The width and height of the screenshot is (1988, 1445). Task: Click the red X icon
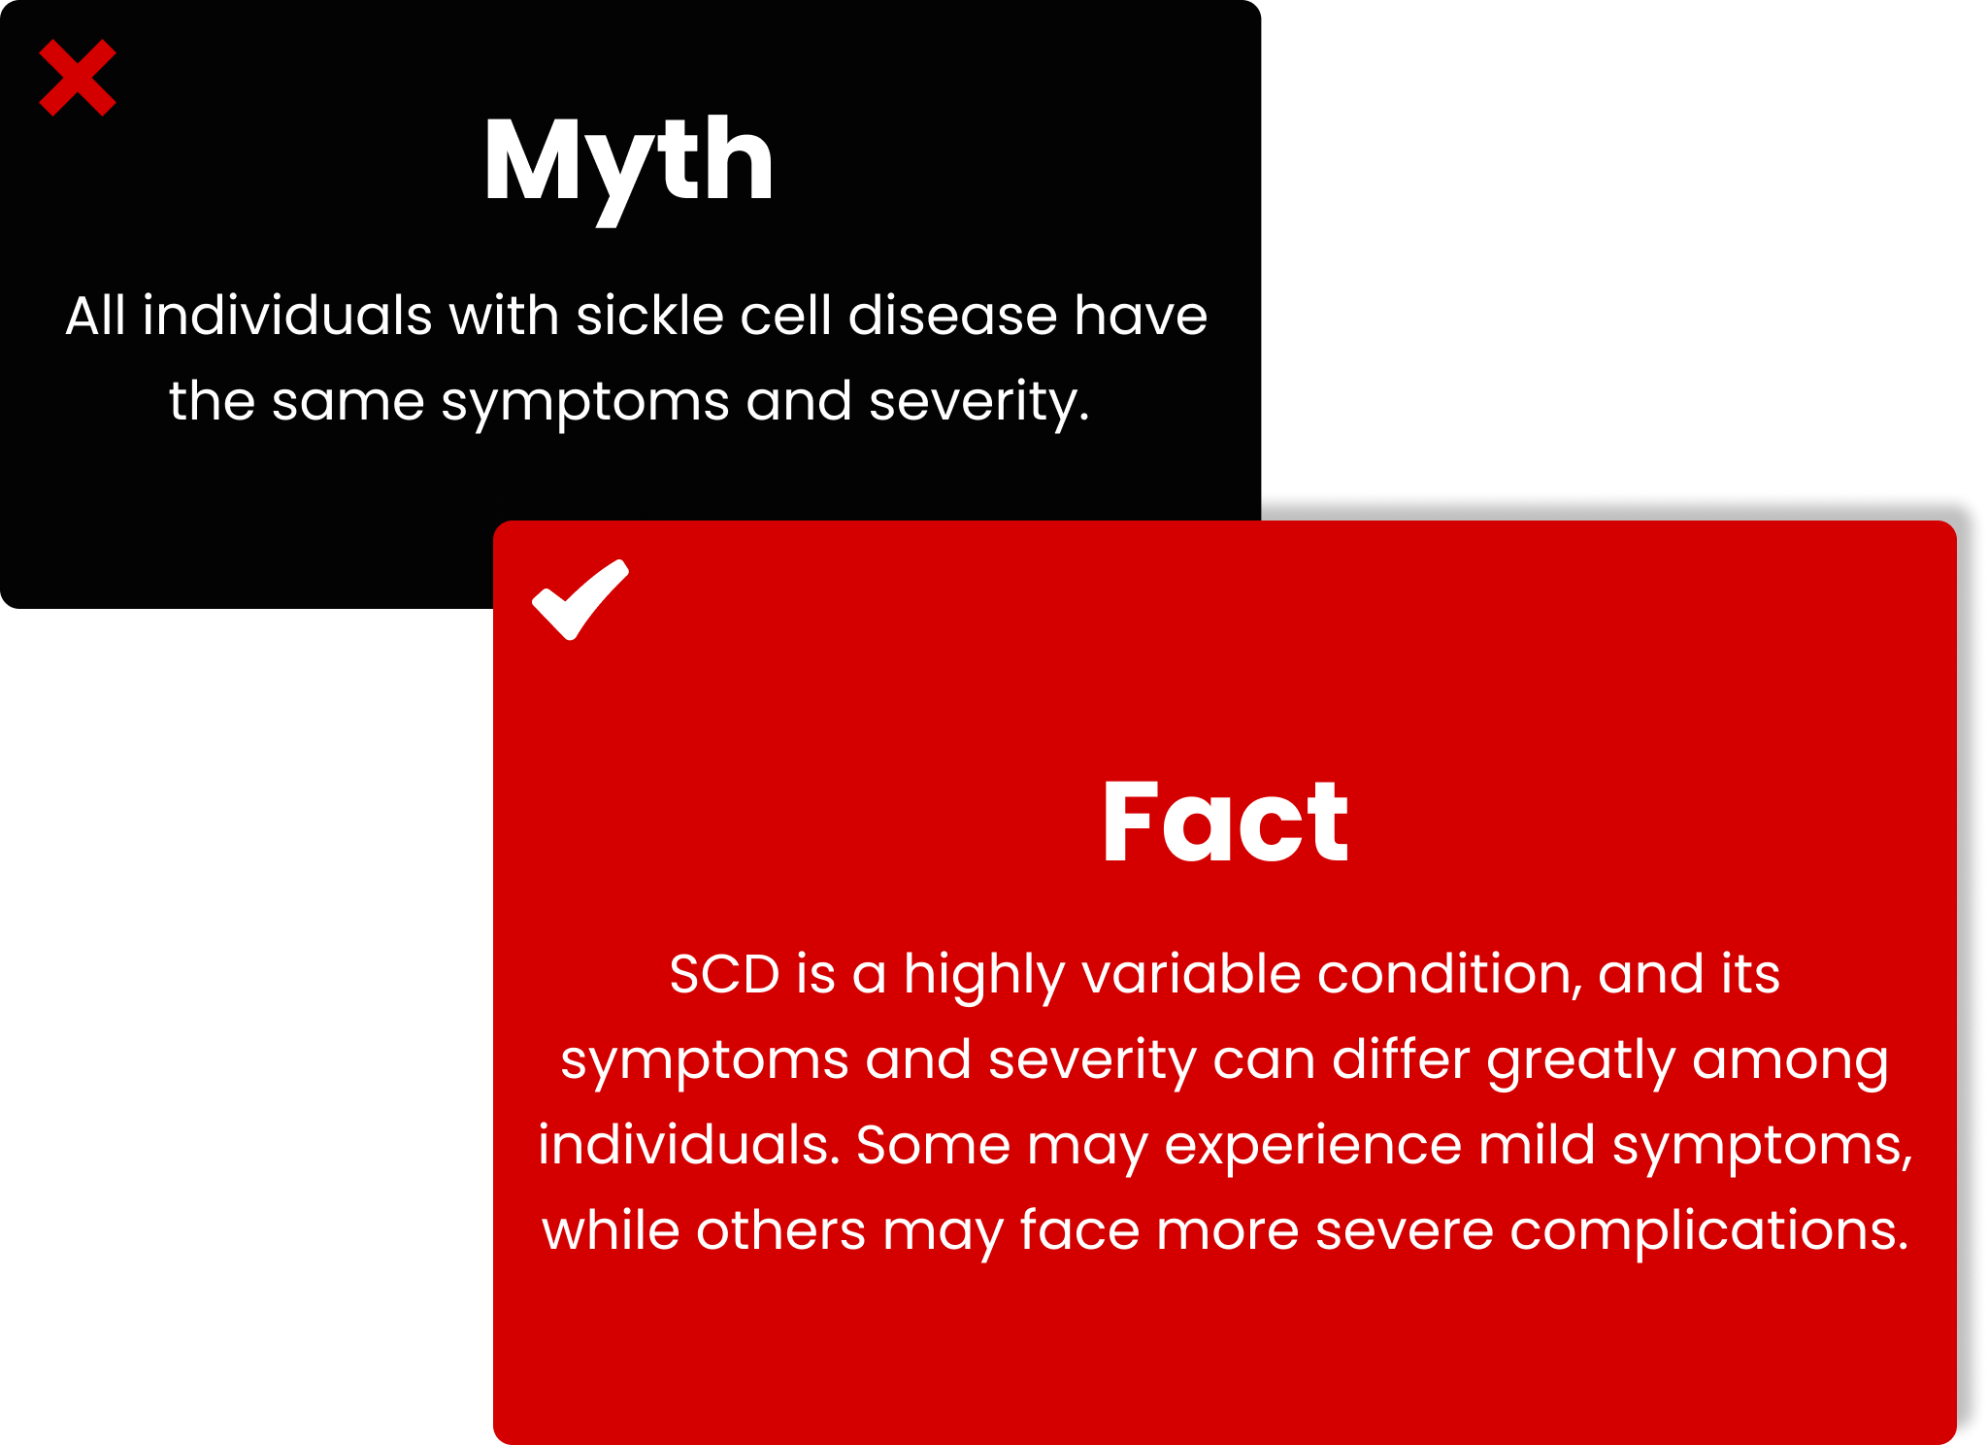78,78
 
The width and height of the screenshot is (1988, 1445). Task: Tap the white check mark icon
580,600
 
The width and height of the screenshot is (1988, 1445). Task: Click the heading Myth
629,165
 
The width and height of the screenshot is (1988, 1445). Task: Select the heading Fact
1225,822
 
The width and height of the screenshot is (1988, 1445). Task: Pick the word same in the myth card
348,401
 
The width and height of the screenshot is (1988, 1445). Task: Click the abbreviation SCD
724,974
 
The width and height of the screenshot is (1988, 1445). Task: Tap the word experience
1313,1147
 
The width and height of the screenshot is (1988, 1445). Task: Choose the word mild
1538,1145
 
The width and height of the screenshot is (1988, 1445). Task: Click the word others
780,1230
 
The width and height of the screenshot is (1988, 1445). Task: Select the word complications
1709,1232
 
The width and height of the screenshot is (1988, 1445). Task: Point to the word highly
983,976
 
